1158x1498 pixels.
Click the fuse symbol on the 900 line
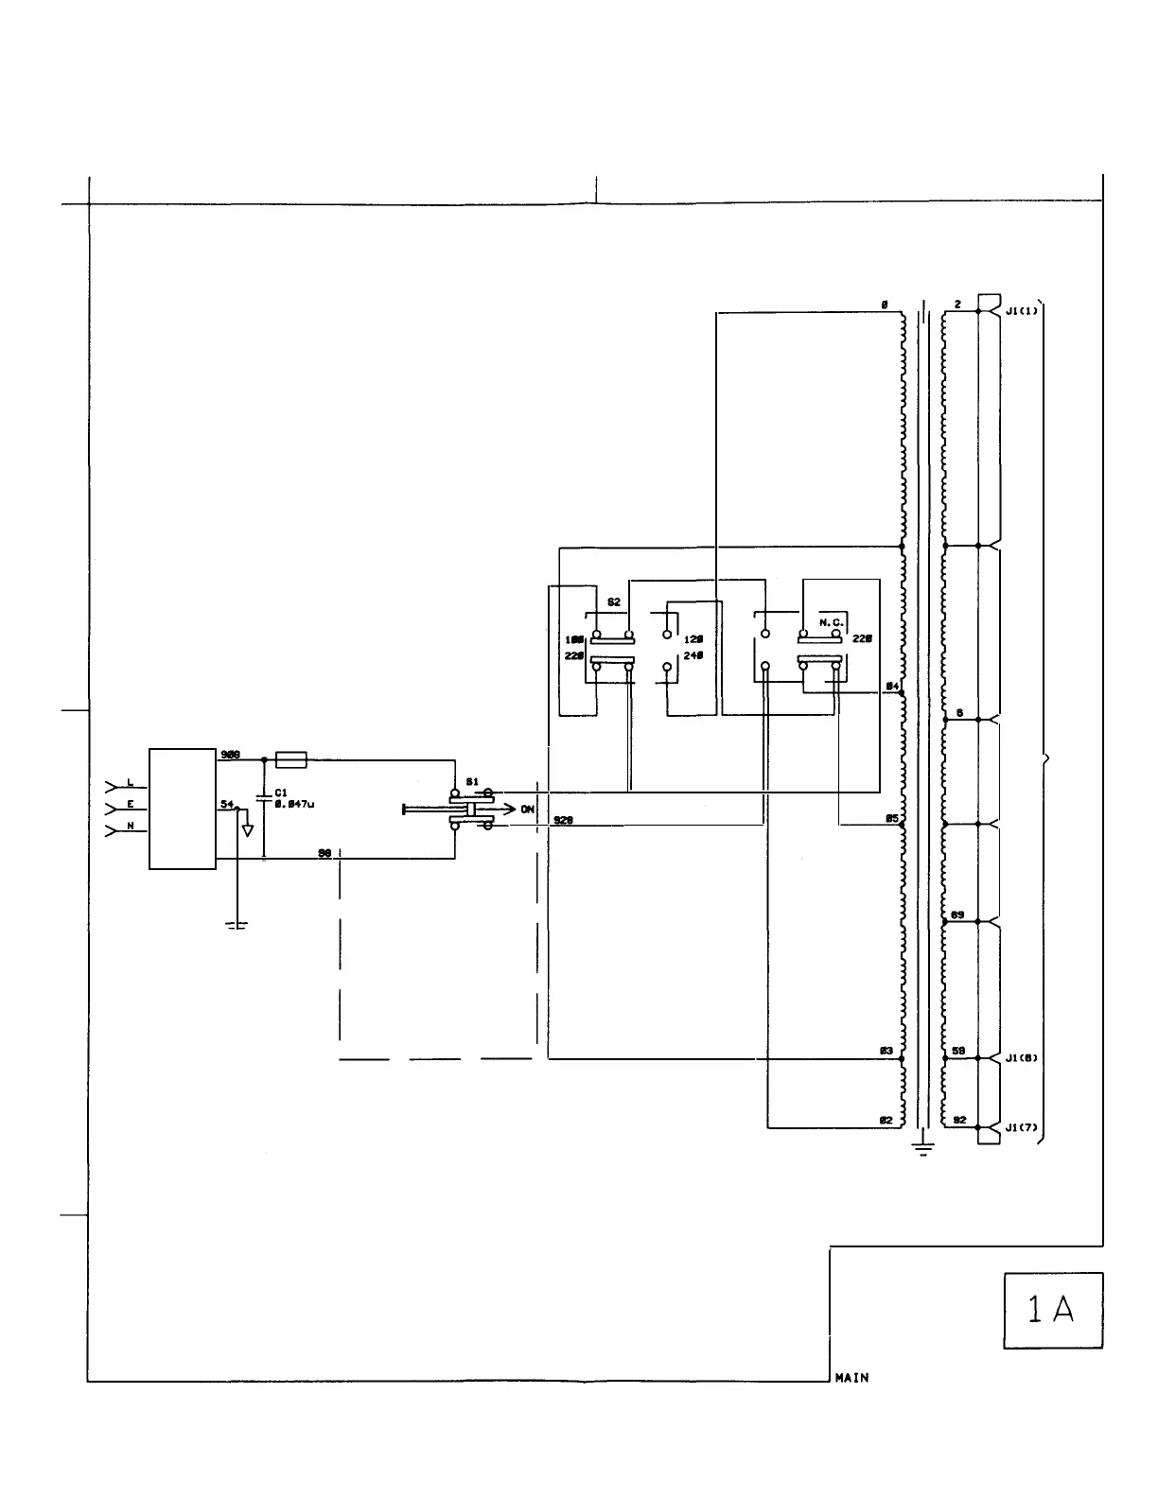coord(290,758)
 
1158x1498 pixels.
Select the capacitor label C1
coord(281,793)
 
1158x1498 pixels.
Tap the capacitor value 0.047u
coord(294,804)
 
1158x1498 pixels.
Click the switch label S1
coord(471,782)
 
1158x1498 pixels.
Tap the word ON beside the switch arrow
coord(527,810)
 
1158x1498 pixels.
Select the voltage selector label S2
coord(613,602)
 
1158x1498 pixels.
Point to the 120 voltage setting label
coord(693,639)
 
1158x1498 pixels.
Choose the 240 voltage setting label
coord(693,654)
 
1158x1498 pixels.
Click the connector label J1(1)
coord(1022,310)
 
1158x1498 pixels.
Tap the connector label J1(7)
coord(1022,1127)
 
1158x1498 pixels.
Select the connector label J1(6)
coord(1022,1058)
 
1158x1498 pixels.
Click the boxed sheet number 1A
coord(1052,1310)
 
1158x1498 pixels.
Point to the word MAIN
coord(851,1378)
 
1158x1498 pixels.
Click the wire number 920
coord(563,820)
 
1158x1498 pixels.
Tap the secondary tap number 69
coord(957,915)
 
